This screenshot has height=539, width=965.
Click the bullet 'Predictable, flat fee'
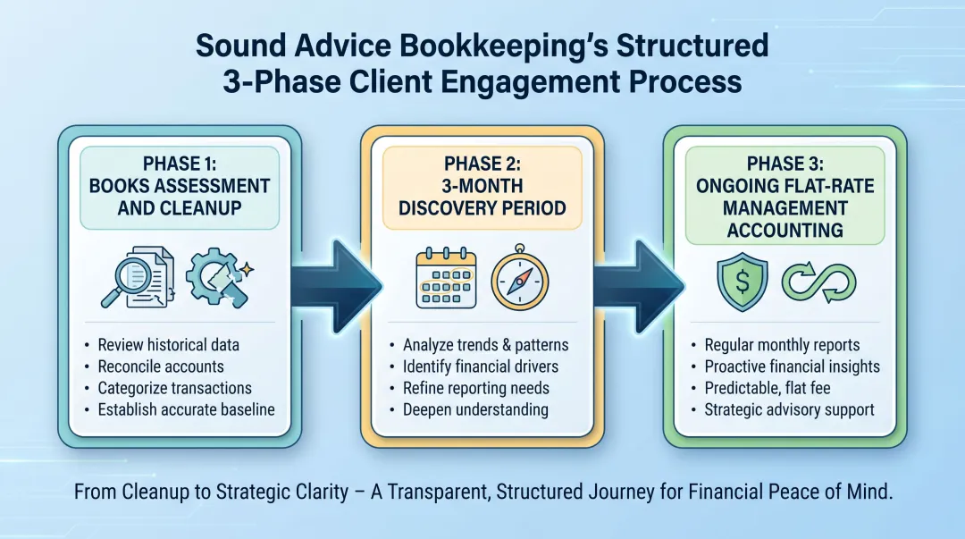point(773,389)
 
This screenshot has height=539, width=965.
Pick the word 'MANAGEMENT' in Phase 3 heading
point(785,208)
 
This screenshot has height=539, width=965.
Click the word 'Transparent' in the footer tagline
point(479,493)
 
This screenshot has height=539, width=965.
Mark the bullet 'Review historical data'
point(169,345)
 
